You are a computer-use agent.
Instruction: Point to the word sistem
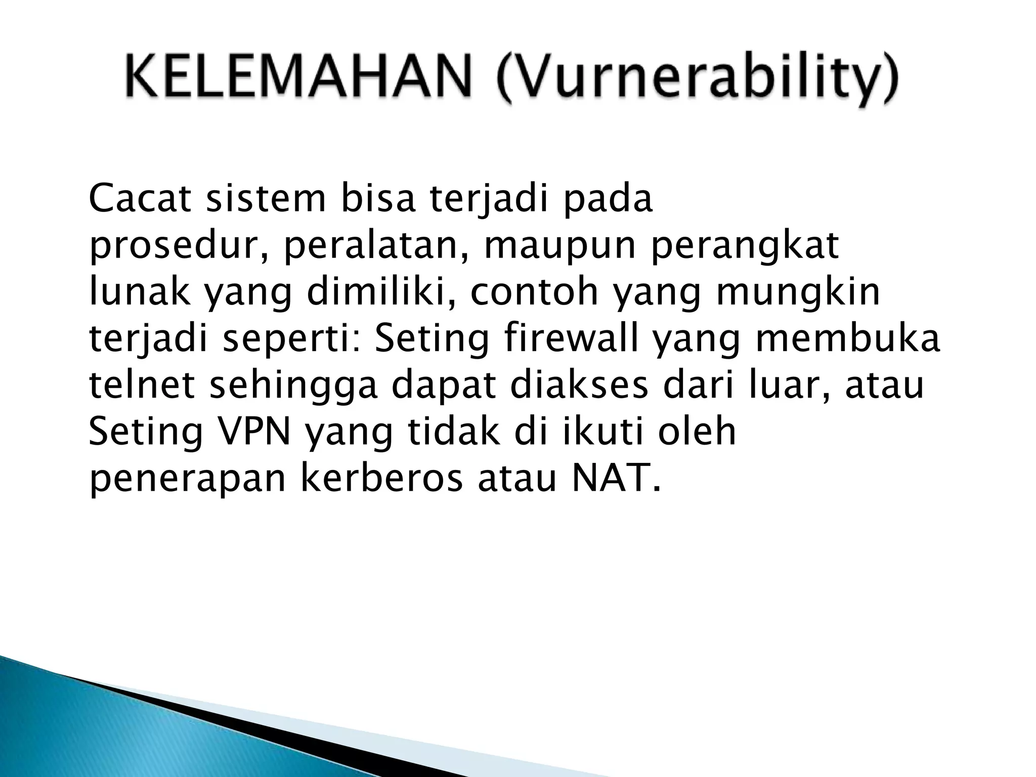(266, 200)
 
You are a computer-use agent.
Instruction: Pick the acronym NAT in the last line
(615, 478)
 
